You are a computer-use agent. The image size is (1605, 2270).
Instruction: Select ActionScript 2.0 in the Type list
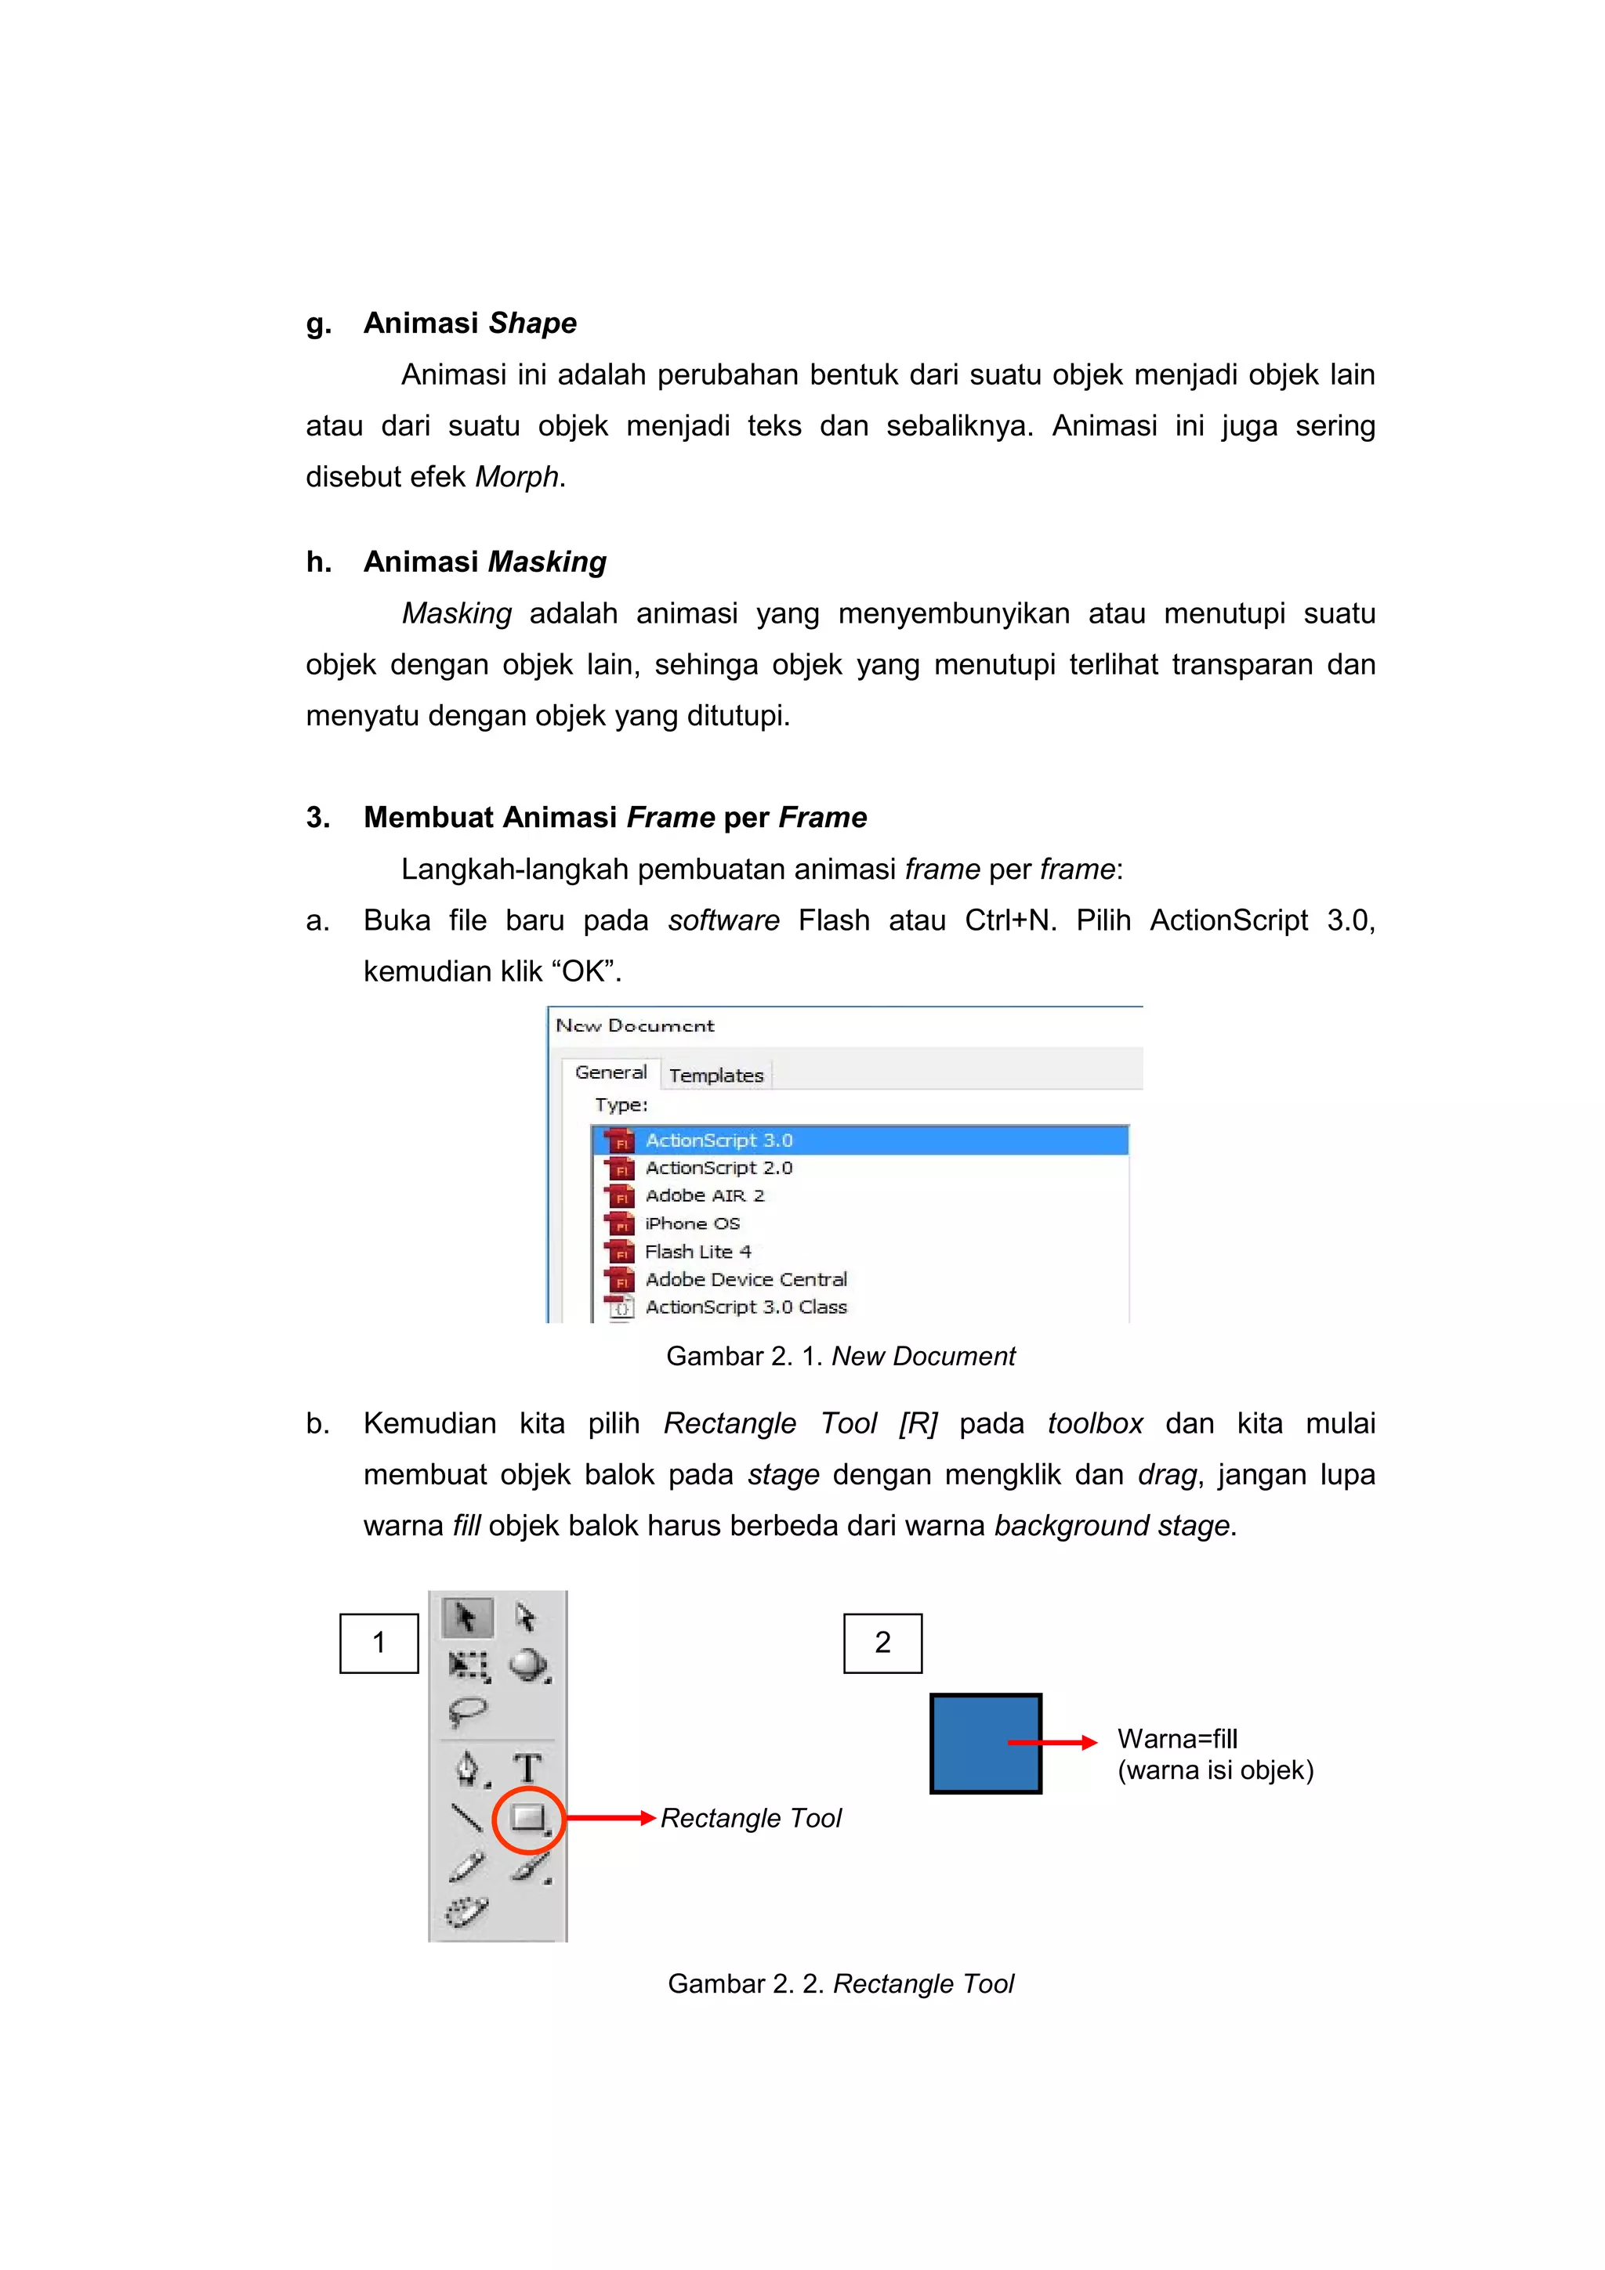(719, 1168)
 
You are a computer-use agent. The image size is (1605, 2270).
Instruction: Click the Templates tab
(716, 1075)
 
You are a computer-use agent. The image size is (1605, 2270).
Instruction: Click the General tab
(610, 1072)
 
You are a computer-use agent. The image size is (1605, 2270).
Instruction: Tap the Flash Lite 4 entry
(698, 1252)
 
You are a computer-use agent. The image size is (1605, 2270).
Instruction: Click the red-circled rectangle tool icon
(528, 1817)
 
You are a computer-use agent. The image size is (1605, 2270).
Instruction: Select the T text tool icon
(527, 1768)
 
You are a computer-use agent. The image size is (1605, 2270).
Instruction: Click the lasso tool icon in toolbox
(467, 1711)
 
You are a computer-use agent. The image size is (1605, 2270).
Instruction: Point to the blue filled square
(985, 1743)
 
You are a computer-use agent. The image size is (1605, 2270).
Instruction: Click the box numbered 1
(379, 1643)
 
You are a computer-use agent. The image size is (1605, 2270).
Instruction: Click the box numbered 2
(882, 1643)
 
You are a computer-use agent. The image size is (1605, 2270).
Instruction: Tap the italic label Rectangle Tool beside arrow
(751, 1818)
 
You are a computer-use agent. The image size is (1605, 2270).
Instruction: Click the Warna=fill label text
(1177, 1739)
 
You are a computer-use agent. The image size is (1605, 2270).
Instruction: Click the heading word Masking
(547, 562)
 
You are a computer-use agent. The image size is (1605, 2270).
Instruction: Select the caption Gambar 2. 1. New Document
(841, 1357)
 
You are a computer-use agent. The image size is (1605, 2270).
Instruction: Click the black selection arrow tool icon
(466, 1618)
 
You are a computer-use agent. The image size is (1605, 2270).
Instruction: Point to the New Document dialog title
(635, 1025)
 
